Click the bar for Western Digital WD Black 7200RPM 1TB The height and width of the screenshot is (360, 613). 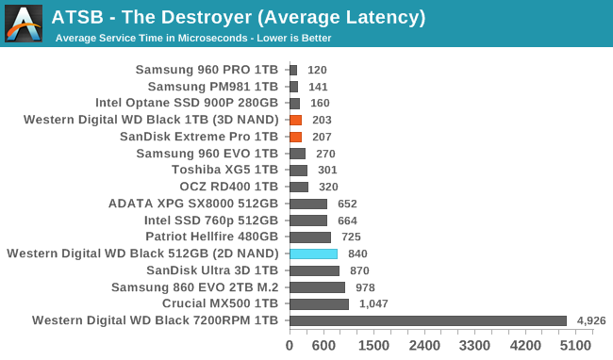pyautogui.click(x=428, y=321)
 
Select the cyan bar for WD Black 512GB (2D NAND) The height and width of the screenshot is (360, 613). pyautogui.click(x=313, y=254)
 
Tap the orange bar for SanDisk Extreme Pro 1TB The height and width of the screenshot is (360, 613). pyautogui.click(x=295, y=137)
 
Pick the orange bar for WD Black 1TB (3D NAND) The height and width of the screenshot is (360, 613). pyautogui.click(x=295, y=120)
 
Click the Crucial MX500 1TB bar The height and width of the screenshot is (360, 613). pyautogui.click(x=319, y=304)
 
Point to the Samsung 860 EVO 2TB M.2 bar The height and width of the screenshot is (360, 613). pyautogui.click(x=317, y=287)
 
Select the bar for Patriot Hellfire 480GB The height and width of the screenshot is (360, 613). pyautogui.click(x=310, y=237)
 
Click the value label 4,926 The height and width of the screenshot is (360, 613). pyautogui.click(x=591, y=321)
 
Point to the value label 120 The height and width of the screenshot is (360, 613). pyautogui.click(x=317, y=70)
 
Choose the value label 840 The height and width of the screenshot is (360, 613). pyautogui.click(x=357, y=254)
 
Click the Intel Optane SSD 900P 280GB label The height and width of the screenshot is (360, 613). pyautogui.click(x=187, y=103)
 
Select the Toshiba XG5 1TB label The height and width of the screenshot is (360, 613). pyautogui.click(x=224, y=170)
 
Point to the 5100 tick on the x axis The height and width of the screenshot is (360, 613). pyautogui.click(x=576, y=346)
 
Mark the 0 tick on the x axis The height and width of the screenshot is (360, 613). pyautogui.click(x=290, y=346)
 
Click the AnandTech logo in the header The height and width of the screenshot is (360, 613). pyautogui.click(x=24, y=24)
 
